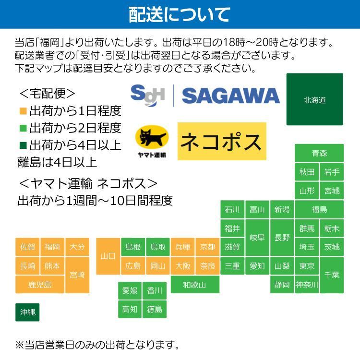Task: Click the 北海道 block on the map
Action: pos(314,100)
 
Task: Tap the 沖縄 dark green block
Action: pos(27,312)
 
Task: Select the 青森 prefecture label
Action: pos(319,153)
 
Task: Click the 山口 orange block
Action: pos(108,256)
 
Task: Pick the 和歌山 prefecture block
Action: pos(194,285)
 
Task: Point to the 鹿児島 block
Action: pos(40,285)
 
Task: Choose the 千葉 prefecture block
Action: pos(332,275)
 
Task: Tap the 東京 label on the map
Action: pos(307,266)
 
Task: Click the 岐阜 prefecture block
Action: pos(257,238)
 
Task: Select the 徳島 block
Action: pos(155,309)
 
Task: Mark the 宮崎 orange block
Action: pos(77,275)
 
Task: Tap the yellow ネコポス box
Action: pos(221,141)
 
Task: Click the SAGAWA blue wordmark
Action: pos(230,96)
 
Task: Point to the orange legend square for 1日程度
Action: pos(23,111)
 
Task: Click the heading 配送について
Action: pos(180,14)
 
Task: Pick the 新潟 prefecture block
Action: pos(282,209)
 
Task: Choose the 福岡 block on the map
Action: pos(52,247)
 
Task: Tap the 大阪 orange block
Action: pos(182,266)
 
